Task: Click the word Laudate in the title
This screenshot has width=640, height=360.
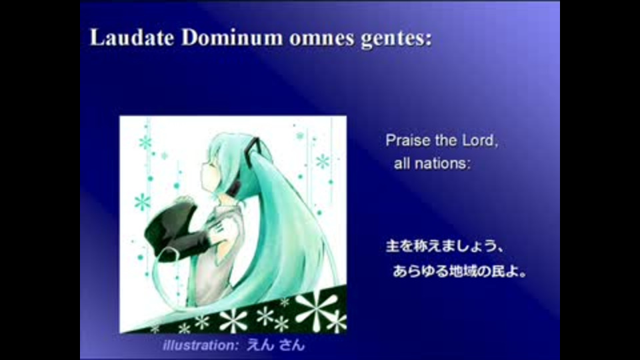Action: click(132, 37)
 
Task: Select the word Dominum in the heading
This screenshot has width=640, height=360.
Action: click(232, 37)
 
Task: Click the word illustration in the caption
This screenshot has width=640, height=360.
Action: click(199, 345)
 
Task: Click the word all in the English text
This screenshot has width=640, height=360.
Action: click(402, 164)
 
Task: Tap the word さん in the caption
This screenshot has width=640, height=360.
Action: click(292, 345)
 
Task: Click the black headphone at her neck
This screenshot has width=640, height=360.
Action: click(235, 189)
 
